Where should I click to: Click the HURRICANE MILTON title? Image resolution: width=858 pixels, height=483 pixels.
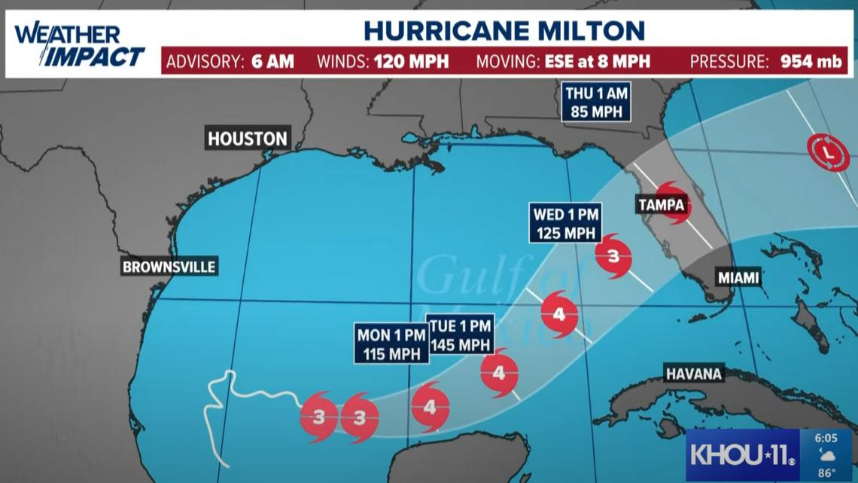(504, 30)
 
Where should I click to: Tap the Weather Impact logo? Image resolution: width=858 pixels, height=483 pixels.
(79, 45)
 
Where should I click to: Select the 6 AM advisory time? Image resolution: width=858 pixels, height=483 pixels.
(272, 62)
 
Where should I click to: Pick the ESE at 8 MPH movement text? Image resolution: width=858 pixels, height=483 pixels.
(597, 62)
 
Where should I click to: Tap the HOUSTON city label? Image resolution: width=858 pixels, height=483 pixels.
(248, 139)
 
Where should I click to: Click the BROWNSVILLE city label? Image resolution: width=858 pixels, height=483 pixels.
(169, 267)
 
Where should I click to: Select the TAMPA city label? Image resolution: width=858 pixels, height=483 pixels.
(662, 204)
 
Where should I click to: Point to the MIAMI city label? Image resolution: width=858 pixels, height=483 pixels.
(738, 277)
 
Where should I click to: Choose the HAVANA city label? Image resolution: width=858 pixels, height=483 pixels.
(693, 374)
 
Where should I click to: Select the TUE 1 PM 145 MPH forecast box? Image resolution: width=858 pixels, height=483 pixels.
(461, 335)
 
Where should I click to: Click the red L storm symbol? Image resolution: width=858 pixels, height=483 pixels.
(828, 153)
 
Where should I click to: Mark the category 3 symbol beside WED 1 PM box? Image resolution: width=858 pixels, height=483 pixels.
(613, 256)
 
